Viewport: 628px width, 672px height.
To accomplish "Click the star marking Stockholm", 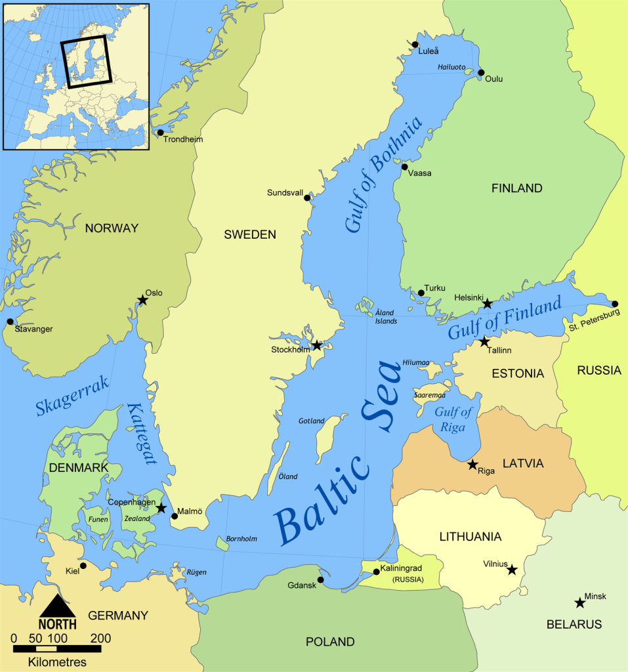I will pos(317,345).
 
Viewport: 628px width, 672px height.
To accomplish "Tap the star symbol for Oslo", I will pos(142,300).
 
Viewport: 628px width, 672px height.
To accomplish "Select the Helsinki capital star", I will pos(487,303).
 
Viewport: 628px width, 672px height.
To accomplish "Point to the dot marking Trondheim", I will pos(160,133).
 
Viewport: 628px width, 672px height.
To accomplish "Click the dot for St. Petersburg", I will pos(614,304).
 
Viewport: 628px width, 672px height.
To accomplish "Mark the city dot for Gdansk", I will pos(320,579).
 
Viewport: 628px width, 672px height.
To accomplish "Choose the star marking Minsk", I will pos(579,602).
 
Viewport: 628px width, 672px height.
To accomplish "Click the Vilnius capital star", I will pos(512,570).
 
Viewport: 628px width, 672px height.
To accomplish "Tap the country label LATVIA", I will pos(523,463).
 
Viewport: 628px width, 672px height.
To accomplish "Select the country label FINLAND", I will pos(517,188).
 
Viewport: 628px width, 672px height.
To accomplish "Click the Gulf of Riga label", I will pos(453,419).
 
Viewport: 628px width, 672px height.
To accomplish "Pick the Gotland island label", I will pos(311,421).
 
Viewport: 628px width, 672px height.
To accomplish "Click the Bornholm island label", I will pos(241,539).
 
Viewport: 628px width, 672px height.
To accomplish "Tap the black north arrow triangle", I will pos(58,604).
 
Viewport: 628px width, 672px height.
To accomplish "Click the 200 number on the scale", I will pos(100,638).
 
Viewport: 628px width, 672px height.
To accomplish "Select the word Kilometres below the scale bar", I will pos(57,662).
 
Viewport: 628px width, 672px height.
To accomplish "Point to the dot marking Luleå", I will pos(415,45).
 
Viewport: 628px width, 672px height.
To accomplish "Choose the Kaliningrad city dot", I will pos(376,571).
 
